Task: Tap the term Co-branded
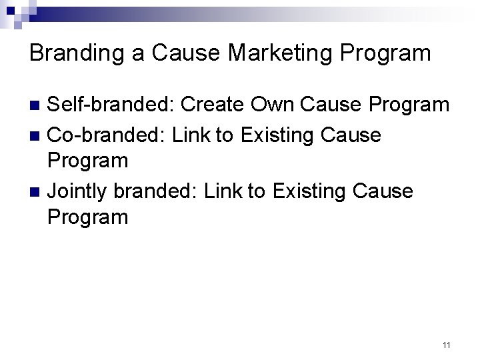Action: pyautogui.click(x=107, y=135)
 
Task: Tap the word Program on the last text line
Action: pyautogui.click(x=89, y=217)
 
